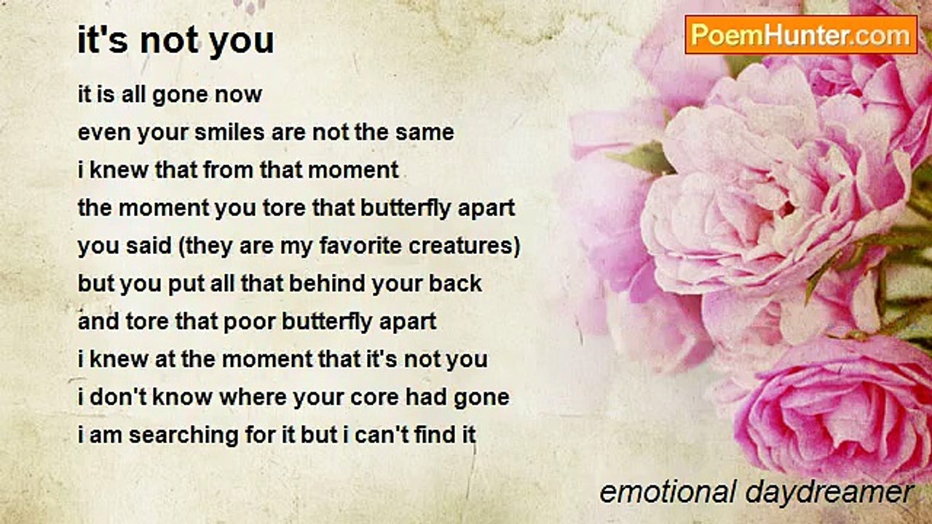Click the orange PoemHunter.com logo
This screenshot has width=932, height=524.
pos(801,35)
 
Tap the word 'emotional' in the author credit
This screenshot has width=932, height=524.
pos(668,492)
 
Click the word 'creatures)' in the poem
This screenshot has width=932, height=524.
pos(465,246)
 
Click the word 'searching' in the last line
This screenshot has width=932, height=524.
pos(183,435)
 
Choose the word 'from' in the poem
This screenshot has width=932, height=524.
pos(228,170)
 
